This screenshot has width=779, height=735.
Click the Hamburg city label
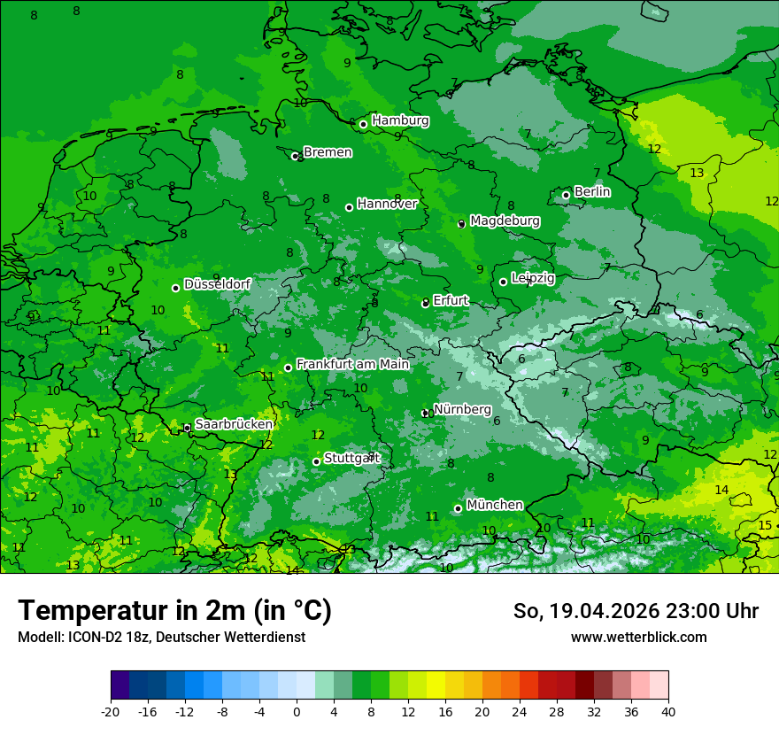click(400, 120)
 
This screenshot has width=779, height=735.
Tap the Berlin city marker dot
click(567, 195)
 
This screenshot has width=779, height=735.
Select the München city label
click(494, 505)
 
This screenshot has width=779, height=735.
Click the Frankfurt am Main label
click(352, 364)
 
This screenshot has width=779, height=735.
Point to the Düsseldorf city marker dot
click(175, 288)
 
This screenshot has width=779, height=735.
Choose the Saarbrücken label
click(234, 424)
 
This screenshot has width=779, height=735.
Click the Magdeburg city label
click(505, 220)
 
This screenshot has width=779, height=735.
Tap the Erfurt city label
click(451, 300)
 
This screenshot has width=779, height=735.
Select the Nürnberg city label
click(462, 409)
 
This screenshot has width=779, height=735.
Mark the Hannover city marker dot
click(349, 207)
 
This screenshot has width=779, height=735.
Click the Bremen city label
click(328, 152)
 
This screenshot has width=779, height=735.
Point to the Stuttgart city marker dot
click(316, 461)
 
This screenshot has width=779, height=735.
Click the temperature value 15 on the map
click(765, 526)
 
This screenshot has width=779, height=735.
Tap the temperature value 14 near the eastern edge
click(721, 490)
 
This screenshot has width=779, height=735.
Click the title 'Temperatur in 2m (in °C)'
click(174, 610)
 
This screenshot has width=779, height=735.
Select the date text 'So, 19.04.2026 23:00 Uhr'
click(636, 611)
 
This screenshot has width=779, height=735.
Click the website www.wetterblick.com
click(638, 638)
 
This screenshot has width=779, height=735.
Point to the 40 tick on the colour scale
click(667, 711)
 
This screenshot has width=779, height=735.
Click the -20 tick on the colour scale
click(111, 711)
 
